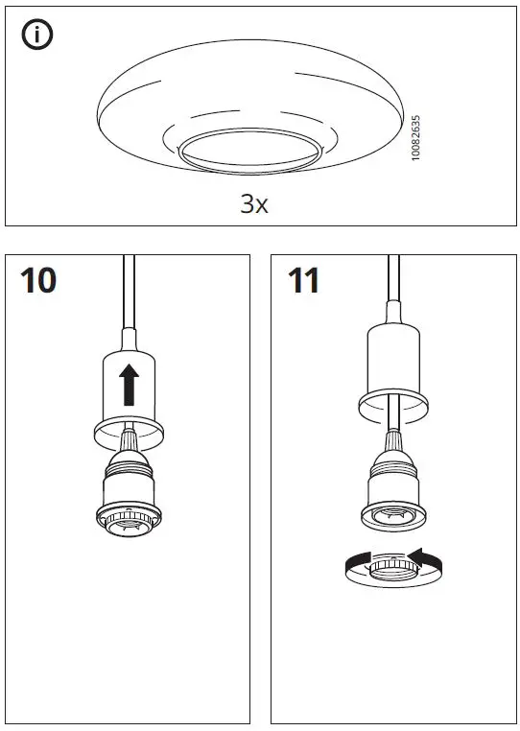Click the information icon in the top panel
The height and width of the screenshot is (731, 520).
[x=37, y=35]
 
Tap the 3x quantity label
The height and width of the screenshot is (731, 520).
[x=253, y=203]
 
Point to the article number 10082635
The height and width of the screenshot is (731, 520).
[x=415, y=138]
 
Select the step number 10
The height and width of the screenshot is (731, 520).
[x=38, y=281]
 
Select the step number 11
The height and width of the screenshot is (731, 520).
[x=303, y=281]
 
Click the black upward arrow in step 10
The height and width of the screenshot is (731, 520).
[x=130, y=384]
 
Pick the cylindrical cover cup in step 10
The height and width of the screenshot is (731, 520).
[x=130, y=389]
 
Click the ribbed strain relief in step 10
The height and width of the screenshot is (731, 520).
[x=130, y=451]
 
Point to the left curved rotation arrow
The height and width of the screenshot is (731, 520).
[x=359, y=563]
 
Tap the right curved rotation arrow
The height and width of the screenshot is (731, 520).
[x=428, y=556]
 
